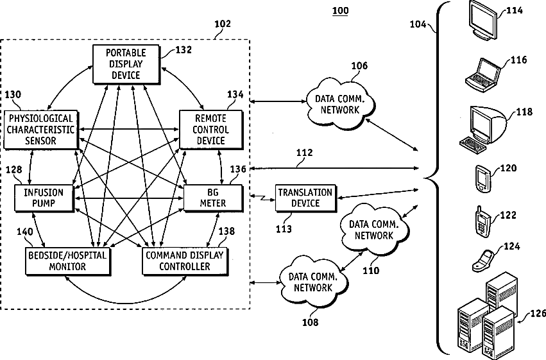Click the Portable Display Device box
click(126, 64)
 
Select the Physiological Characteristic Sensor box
click(41, 130)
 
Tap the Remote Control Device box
click(211, 130)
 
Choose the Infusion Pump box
click(44, 198)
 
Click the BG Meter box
click(213, 198)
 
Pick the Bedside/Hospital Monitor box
click(68, 261)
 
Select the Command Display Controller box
click(185, 261)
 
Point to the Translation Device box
click(306, 198)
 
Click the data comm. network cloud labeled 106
click(340, 105)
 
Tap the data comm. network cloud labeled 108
click(313, 282)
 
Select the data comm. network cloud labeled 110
click(374, 230)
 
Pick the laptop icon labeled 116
click(482, 75)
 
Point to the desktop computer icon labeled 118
click(483, 130)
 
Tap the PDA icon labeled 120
click(482, 179)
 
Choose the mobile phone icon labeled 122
click(482, 222)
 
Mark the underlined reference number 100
click(340, 11)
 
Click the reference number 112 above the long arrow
click(305, 153)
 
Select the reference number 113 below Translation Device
click(284, 229)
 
